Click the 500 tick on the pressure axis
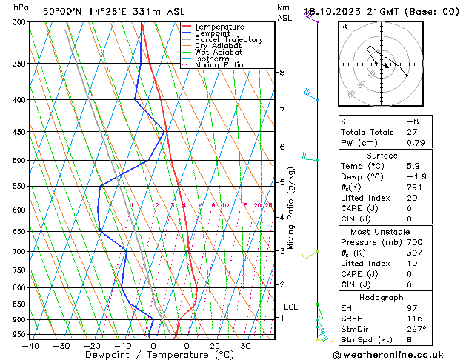click(20, 160)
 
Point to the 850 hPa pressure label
click(20, 304)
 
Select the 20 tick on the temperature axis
click(214, 345)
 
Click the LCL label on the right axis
click(290, 307)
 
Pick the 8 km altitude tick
click(282, 73)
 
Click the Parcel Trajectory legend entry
click(228, 40)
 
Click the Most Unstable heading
click(382, 232)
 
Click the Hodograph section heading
click(382, 297)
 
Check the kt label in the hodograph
click(344, 26)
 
